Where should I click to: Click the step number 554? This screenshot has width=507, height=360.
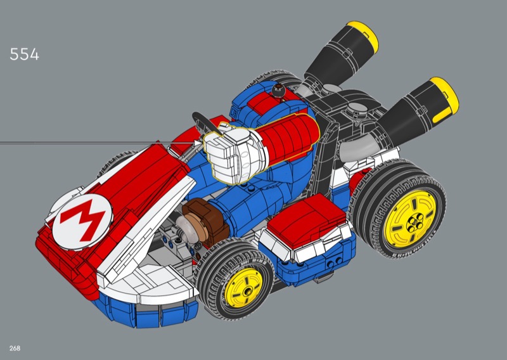pos(24,54)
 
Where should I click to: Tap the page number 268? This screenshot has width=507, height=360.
pos(15,349)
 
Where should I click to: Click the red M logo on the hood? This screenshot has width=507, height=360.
pos(82,221)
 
